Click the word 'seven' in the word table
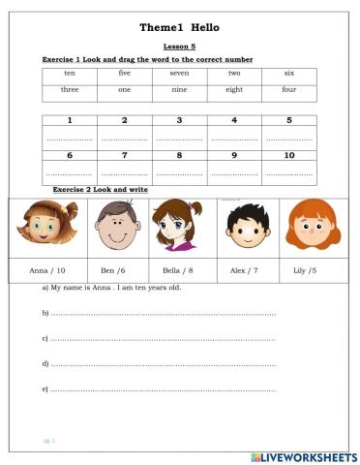179,74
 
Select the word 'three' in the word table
70,90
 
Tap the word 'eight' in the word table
234,90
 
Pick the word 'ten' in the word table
70,74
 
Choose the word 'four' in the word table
289,90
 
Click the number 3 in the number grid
179,121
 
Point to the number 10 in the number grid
289,155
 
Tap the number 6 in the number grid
70,155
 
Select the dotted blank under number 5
289,139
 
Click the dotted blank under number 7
124,173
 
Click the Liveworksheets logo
303,455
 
